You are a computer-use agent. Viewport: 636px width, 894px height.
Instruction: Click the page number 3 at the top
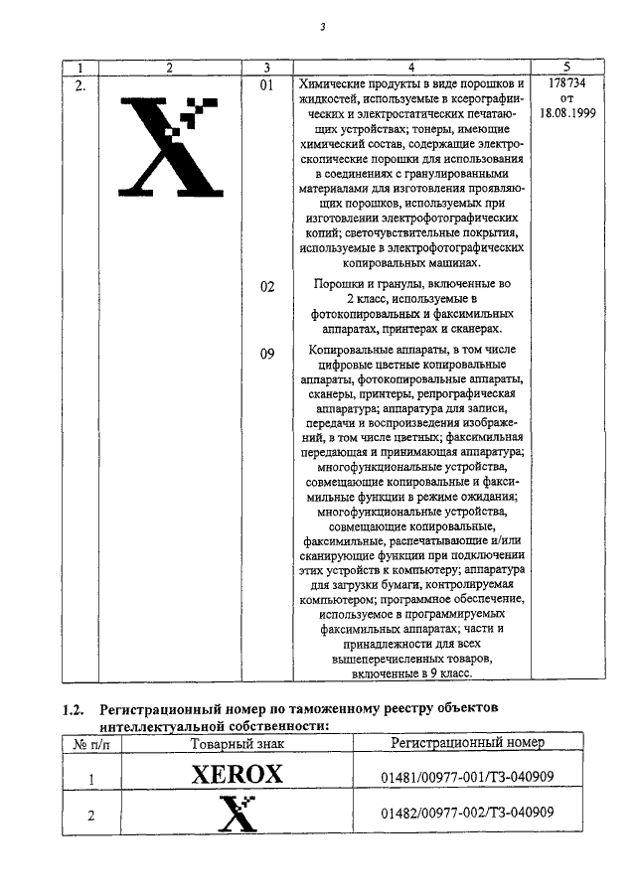[x=322, y=27]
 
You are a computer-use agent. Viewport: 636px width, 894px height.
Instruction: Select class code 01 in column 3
[x=265, y=85]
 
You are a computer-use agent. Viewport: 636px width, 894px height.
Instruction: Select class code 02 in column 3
[x=265, y=287]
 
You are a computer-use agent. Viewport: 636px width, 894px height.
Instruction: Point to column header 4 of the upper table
[x=411, y=68]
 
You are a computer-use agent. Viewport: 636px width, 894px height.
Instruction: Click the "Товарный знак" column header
[x=237, y=743]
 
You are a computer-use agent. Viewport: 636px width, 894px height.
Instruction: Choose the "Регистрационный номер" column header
[x=468, y=743]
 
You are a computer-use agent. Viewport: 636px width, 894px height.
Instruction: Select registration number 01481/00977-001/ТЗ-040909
[x=468, y=778]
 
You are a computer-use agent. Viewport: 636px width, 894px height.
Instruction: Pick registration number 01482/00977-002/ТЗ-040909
[x=468, y=814]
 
